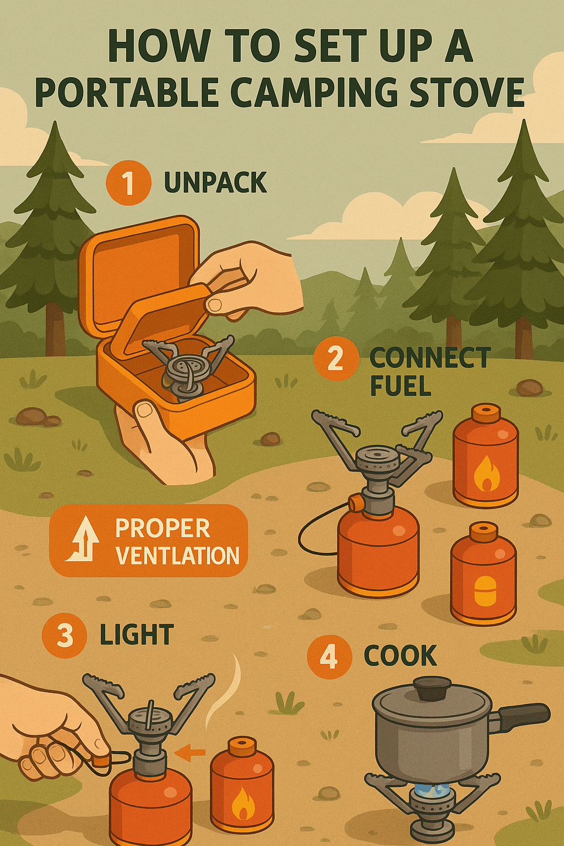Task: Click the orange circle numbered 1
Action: point(128,183)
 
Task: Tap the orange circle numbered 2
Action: point(336,358)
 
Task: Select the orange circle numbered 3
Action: point(64,635)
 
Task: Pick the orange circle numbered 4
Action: point(329,657)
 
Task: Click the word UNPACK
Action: point(216,183)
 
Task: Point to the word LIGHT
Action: point(137,634)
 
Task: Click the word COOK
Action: point(400,655)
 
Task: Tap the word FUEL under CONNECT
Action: point(400,386)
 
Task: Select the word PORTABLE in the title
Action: point(127,93)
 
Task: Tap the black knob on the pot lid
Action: point(432,689)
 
